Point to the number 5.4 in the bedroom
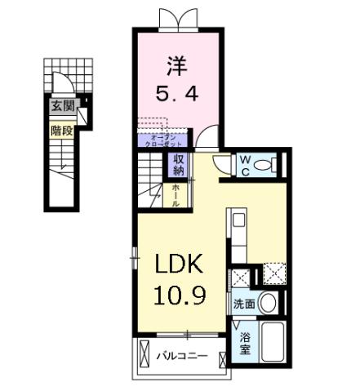tap(177, 93)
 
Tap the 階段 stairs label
tap(62, 130)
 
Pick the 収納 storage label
tap(179, 164)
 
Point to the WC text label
tap(244, 165)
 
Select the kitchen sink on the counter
tap(238, 220)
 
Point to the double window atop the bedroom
tap(177, 17)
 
